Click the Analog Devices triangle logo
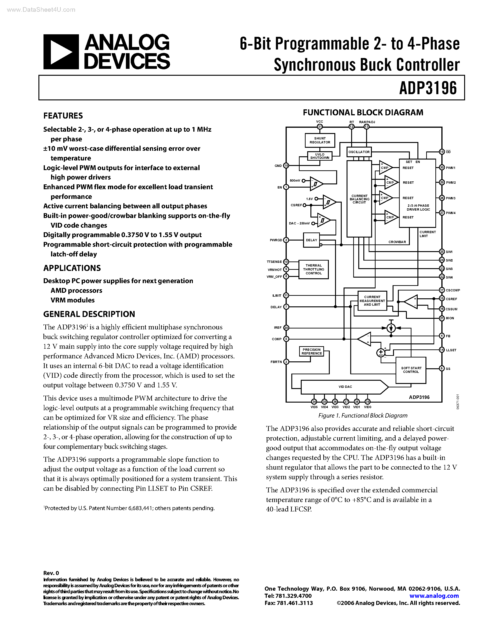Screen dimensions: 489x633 pos(61,52)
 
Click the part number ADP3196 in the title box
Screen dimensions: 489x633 pos(428,88)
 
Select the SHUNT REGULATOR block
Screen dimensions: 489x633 pos(320,140)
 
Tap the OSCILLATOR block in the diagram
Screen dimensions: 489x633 pos(359,152)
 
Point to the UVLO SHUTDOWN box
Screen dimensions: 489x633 pos(320,156)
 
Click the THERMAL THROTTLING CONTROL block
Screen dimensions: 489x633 pos(313,269)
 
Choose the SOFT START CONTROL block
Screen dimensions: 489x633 pos(411,370)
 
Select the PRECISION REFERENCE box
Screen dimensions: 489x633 pos(312,351)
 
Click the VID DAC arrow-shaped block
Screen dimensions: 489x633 pos(345,387)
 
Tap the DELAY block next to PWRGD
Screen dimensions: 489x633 pos(311,240)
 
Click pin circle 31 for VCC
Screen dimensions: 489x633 pos(320,127)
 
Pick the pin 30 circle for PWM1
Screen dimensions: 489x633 pos(442,168)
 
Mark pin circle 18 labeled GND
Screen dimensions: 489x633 pos(286,166)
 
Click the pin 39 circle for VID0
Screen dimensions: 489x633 pos(367,402)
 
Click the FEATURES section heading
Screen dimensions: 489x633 pos(63,116)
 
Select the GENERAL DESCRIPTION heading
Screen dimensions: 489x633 pos(89,314)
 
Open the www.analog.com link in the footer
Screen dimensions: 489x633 pos(434,596)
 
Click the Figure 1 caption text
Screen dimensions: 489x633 pos(363,416)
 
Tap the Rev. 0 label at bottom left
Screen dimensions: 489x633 pos(51,573)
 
